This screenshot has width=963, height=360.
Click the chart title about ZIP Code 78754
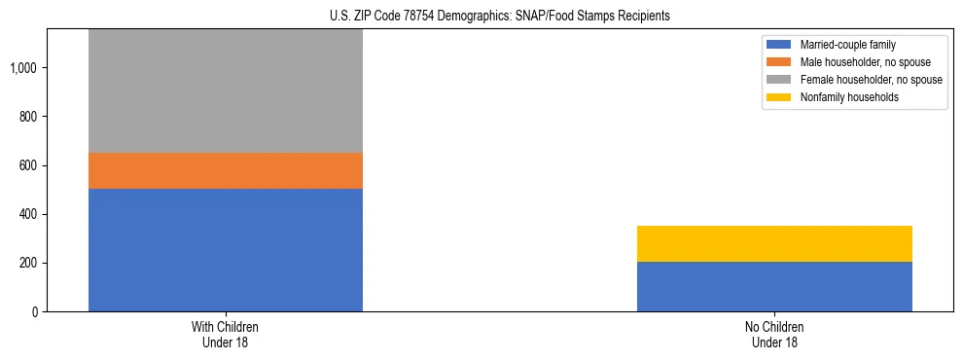coord(481,17)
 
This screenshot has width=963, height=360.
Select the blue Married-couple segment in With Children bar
coord(226,250)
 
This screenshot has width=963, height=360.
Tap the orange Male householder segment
coord(226,170)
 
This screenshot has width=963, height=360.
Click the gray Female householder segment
coord(226,90)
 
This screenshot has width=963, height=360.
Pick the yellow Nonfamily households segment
coord(774,243)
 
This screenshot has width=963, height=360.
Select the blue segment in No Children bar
coord(774,286)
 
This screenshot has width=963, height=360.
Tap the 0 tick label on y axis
coord(35,311)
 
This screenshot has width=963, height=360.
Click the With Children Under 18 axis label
coord(226,335)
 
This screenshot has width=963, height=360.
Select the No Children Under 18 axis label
coord(774,335)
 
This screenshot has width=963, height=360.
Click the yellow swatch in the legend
coord(780,97)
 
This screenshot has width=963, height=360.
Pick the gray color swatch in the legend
coord(780,80)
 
